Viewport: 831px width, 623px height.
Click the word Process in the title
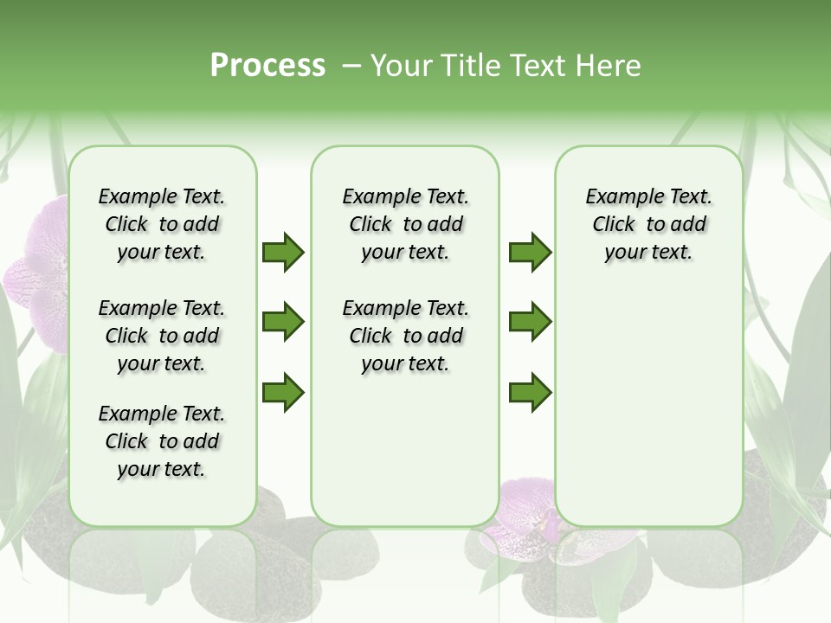[x=267, y=66]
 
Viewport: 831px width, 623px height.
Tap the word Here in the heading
[x=609, y=66]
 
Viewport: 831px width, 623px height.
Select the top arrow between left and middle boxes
[x=283, y=252]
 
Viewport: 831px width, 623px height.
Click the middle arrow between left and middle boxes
[x=283, y=322]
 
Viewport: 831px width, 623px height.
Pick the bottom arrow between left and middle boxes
[x=283, y=393]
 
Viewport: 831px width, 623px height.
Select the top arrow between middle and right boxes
[x=530, y=252]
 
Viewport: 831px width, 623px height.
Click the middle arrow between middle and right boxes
[x=530, y=322]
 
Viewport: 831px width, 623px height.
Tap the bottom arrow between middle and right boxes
[x=530, y=393]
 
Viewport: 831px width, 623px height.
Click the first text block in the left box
[x=162, y=224]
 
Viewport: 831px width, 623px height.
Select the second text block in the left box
[x=162, y=336]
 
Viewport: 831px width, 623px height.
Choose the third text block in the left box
[x=162, y=441]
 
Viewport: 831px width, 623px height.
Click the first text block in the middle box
[x=406, y=224]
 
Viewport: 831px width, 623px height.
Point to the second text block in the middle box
[x=406, y=336]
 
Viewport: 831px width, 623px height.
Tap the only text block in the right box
[x=648, y=224]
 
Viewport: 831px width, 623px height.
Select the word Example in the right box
[x=619, y=197]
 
